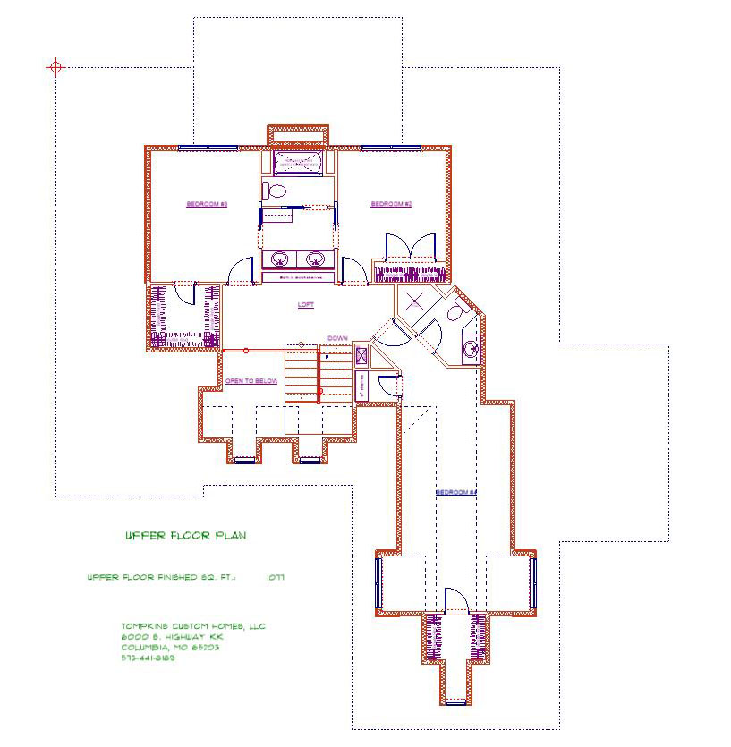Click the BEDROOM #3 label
[x=207, y=205]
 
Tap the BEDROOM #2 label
[x=391, y=205]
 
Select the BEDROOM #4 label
[x=456, y=493]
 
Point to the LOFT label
[x=306, y=305]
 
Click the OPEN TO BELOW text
[x=251, y=381]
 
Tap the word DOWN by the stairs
[x=337, y=338]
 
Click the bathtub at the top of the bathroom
[x=298, y=163]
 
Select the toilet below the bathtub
[x=275, y=190]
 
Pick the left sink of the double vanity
[x=281, y=260]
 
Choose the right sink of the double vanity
[x=315, y=260]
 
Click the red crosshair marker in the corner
[x=56, y=67]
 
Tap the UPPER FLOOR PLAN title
[x=185, y=536]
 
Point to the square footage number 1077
[x=275, y=578]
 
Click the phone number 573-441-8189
[x=148, y=658]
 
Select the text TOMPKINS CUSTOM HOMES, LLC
[x=193, y=626]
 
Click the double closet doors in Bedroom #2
[x=410, y=248]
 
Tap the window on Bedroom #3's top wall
[x=208, y=147]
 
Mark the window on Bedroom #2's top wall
[x=391, y=147]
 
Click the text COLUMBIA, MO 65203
[x=170, y=648]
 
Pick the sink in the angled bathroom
[x=470, y=347]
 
